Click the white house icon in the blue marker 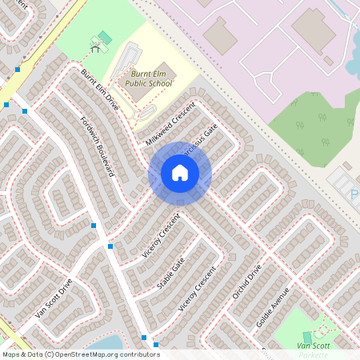(180, 173)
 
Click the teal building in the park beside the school (101, 39)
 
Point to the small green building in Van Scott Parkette (307, 337)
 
